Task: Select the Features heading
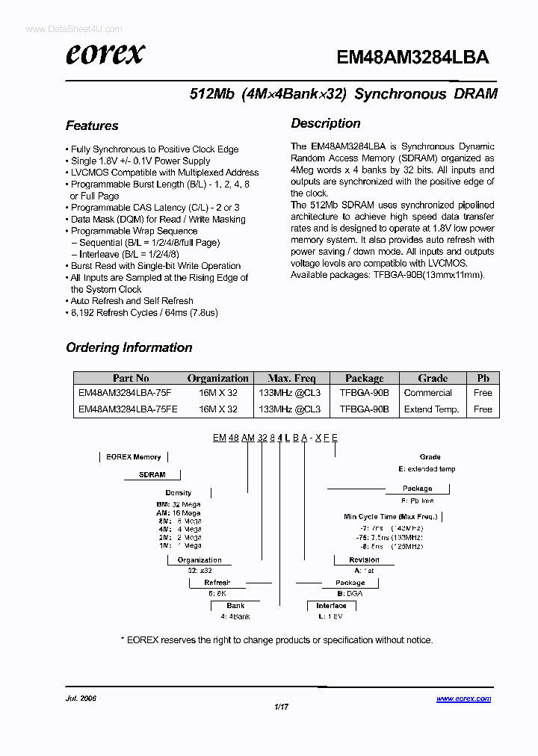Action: tap(92, 126)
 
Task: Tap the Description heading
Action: tap(326, 123)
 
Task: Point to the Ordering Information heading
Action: tap(129, 347)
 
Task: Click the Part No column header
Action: tap(131, 378)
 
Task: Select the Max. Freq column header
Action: tap(291, 378)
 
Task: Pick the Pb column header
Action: tap(483, 378)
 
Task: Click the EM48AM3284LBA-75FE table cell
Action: tap(125, 409)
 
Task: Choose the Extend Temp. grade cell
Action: tap(431, 409)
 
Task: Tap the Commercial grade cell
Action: tap(427, 393)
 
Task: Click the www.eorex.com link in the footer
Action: tap(463, 698)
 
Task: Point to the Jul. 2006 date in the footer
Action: tap(81, 698)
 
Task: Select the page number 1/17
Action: tap(281, 706)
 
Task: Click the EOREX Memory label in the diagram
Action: tap(134, 456)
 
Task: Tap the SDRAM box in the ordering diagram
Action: tap(152, 474)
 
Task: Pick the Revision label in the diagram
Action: tap(364, 560)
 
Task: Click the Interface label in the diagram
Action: tap(331, 606)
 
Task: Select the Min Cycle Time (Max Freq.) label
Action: tap(389, 516)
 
